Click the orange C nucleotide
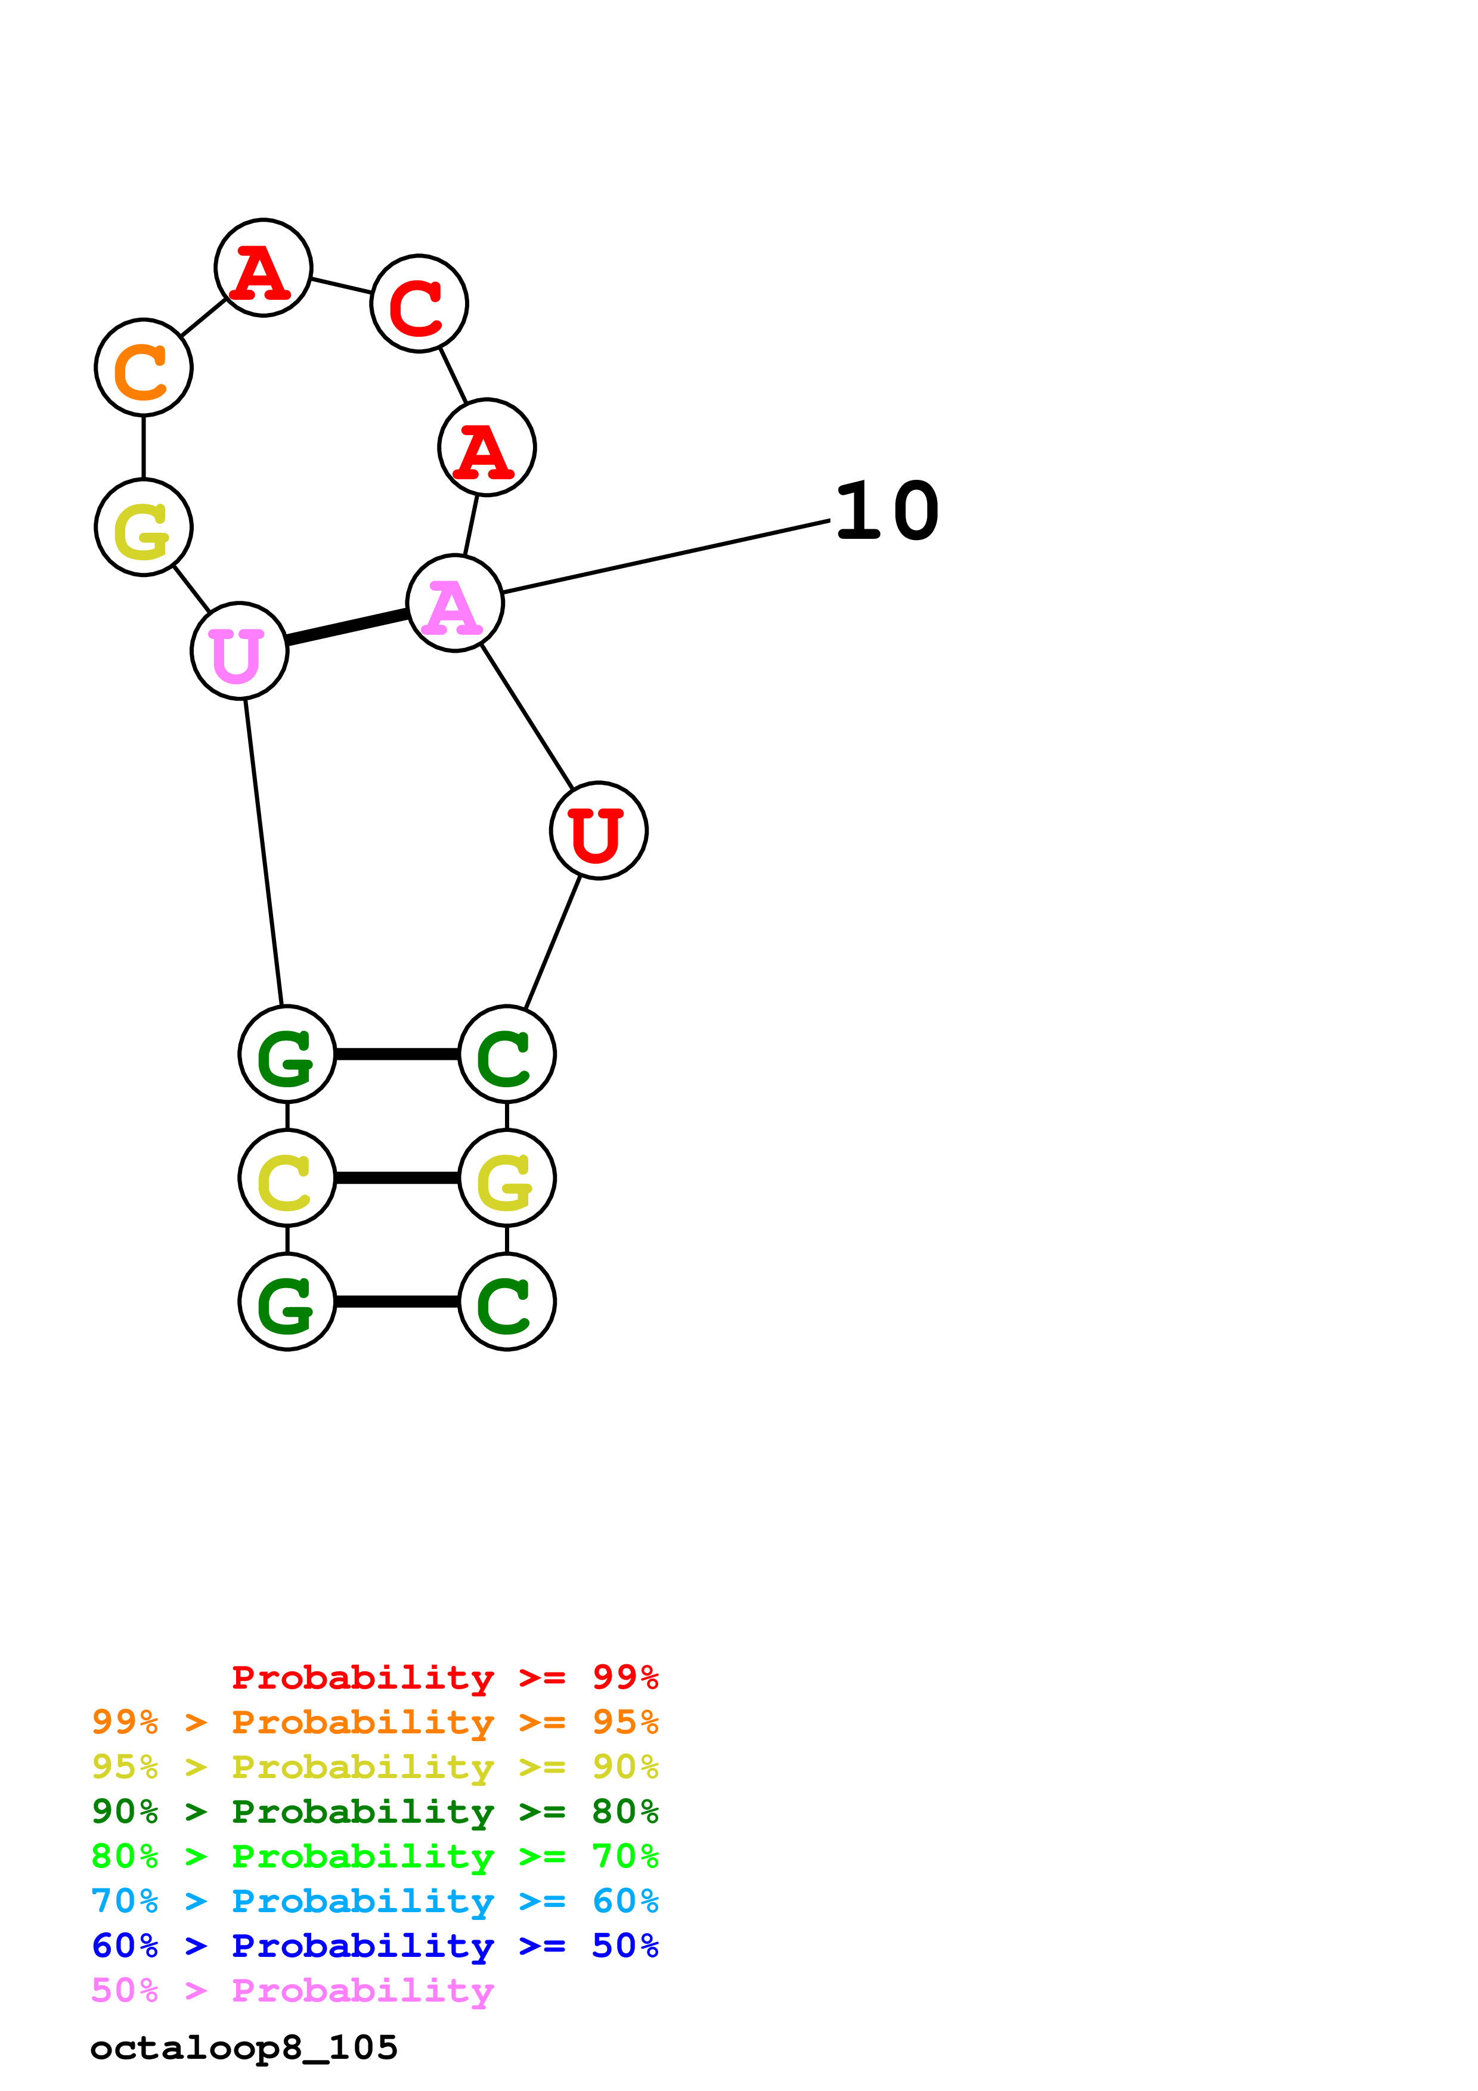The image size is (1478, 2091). (x=143, y=367)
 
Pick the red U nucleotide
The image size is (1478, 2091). (x=599, y=830)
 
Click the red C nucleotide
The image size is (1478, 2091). (x=419, y=303)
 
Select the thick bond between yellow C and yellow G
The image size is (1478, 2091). (x=397, y=1178)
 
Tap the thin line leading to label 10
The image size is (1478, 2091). (x=665, y=557)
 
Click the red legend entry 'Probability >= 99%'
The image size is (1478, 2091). (x=444, y=1677)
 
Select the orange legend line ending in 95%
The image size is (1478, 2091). (x=374, y=1722)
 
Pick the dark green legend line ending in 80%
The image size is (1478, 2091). (x=374, y=1811)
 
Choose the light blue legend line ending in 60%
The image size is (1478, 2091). (x=374, y=1901)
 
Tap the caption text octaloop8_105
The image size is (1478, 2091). (x=244, y=2048)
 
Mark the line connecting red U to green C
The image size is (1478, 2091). (x=553, y=942)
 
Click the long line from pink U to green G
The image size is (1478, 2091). (x=263, y=852)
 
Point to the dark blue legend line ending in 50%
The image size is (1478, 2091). (x=374, y=1946)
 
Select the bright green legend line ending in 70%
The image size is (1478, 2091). (x=374, y=1856)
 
